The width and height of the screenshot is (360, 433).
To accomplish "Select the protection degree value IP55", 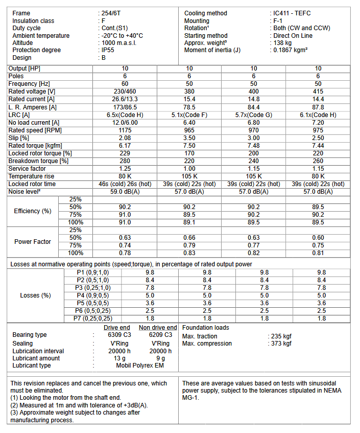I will [x=109, y=50].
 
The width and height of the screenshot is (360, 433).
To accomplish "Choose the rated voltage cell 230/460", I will [x=125, y=92].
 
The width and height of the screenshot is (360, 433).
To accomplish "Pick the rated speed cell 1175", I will [x=125, y=130].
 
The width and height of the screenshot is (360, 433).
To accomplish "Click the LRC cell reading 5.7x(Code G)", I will [x=254, y=115].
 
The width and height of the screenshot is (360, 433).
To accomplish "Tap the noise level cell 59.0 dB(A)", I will [x=125, y=192].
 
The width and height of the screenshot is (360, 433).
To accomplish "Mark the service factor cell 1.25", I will [x=125, y=169].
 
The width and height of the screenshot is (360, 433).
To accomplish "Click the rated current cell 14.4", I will [x=318, y=99].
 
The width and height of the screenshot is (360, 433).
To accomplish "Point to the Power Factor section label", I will [x=33, y=241].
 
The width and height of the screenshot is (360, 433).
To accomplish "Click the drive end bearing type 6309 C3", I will [x=118, y=335].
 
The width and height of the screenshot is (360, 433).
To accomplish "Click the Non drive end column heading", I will [x=158, y=328].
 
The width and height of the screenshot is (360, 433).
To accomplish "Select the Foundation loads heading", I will [x=206, y=328].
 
